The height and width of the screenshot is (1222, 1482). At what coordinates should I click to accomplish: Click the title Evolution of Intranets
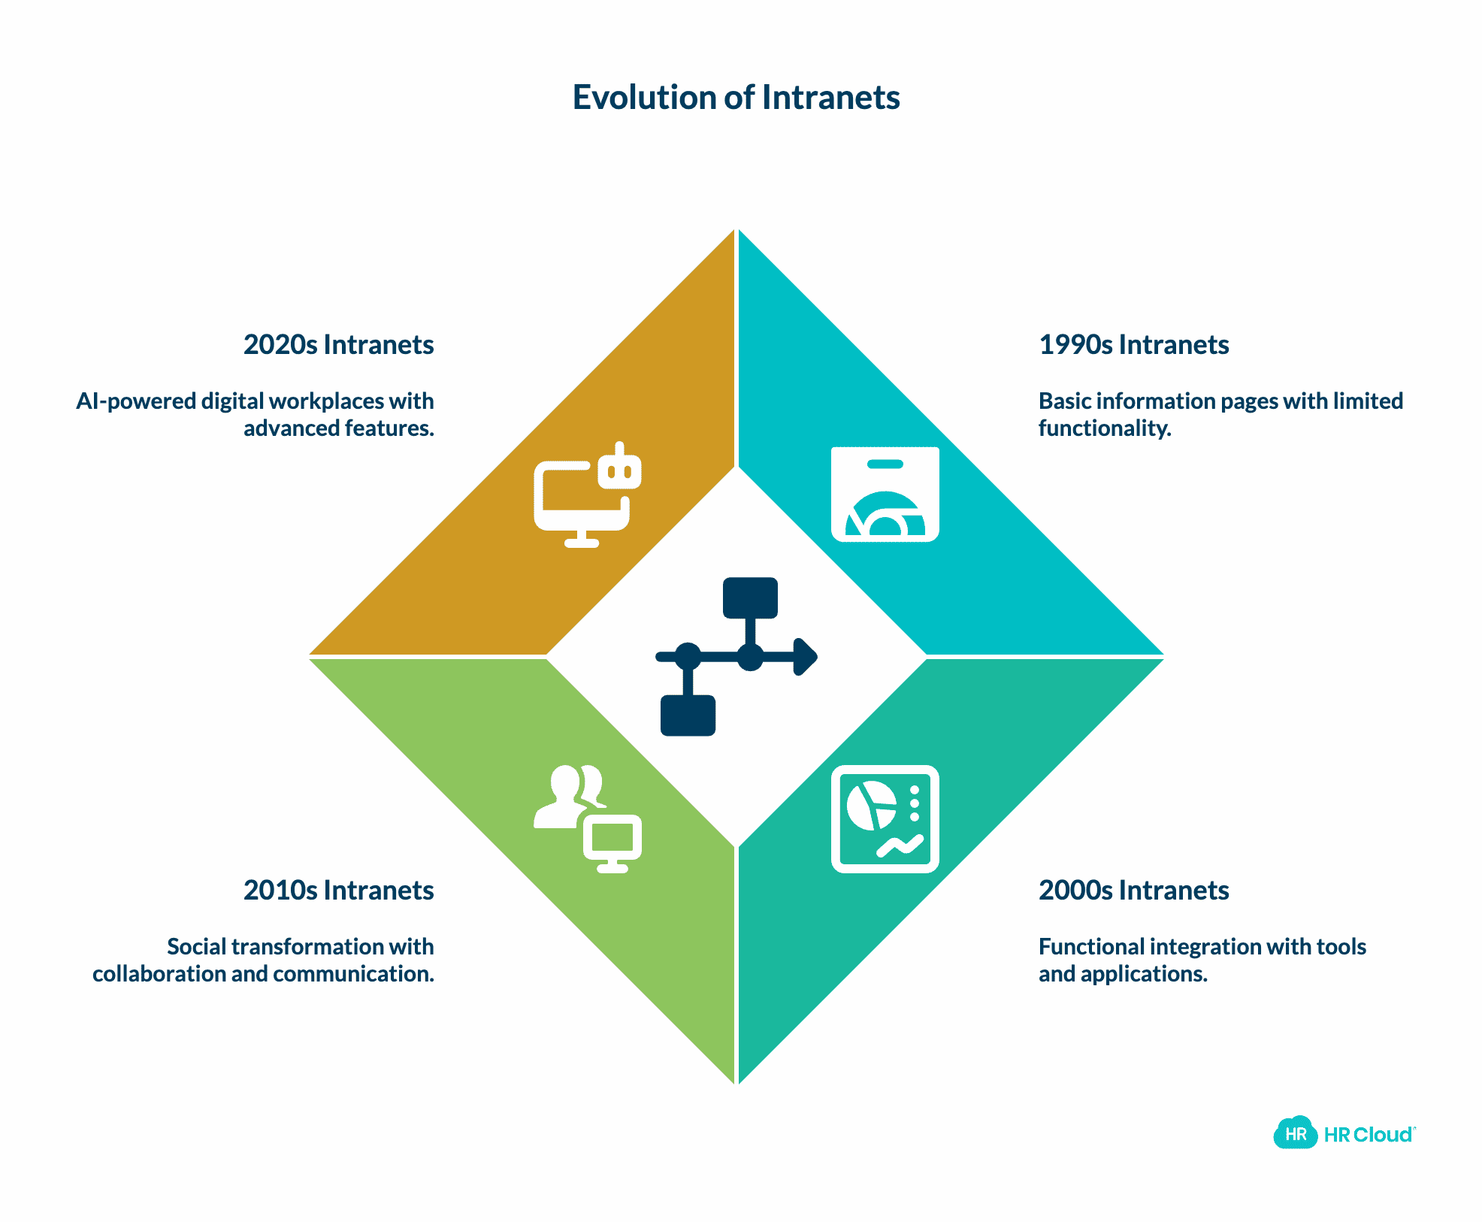[x=736, y=98]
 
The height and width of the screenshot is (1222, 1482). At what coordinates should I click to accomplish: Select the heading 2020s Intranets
[x=338, y=345]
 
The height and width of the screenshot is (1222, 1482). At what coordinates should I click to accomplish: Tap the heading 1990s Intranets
[x=1133, y=345]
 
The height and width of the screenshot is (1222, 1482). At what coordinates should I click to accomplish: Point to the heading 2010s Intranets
[x=338, y=891]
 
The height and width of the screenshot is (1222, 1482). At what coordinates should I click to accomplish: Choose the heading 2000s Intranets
[x=1133, y=891]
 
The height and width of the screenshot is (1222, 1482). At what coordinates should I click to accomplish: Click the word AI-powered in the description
[x=136, y=401]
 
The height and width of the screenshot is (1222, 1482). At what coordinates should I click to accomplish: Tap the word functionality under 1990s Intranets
[x=1104, y=428]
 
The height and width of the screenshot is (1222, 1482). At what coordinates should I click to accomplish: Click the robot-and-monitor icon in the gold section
[x=587, y=495]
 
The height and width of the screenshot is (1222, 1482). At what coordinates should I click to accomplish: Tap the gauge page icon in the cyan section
[x=885, y=494]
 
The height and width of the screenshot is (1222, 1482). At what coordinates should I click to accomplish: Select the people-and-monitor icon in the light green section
[x=587, y=818]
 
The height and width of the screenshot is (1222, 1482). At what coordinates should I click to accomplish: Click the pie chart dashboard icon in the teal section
[x=885, y=818]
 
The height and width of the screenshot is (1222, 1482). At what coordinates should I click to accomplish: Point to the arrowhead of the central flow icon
[x=805, y=657]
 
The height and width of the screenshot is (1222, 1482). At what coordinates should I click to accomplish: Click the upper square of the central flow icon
[x=750, y=597]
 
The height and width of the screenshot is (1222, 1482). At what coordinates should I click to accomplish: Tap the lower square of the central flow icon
[x=688, y=715]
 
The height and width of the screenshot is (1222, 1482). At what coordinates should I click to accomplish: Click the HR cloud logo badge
[x=1295, y=1133]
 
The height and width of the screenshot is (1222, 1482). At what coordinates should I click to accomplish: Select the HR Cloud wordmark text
[x=1368, y=1135]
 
